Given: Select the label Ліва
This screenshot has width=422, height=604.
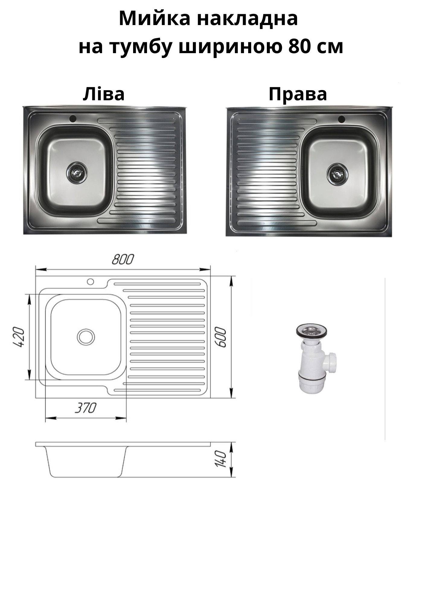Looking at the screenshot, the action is pyautogui.click(x=104, y=94).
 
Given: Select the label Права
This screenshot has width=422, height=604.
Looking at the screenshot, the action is pyautogui.click(x=298, y=94).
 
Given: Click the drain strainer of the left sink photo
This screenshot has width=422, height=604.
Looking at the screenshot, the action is pyautogui.click(x=77, y=172).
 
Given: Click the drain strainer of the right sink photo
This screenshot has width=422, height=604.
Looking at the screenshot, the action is pyautogui.click(x=337, y=174).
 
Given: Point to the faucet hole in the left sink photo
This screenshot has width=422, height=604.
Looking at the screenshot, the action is pyautogui.click(x=73, y=119).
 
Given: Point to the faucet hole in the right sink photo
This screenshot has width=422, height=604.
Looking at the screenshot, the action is pyautogui.click(x=341, y=119).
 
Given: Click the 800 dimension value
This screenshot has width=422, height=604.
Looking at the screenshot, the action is pyautogui.click(x=123, y=260).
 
